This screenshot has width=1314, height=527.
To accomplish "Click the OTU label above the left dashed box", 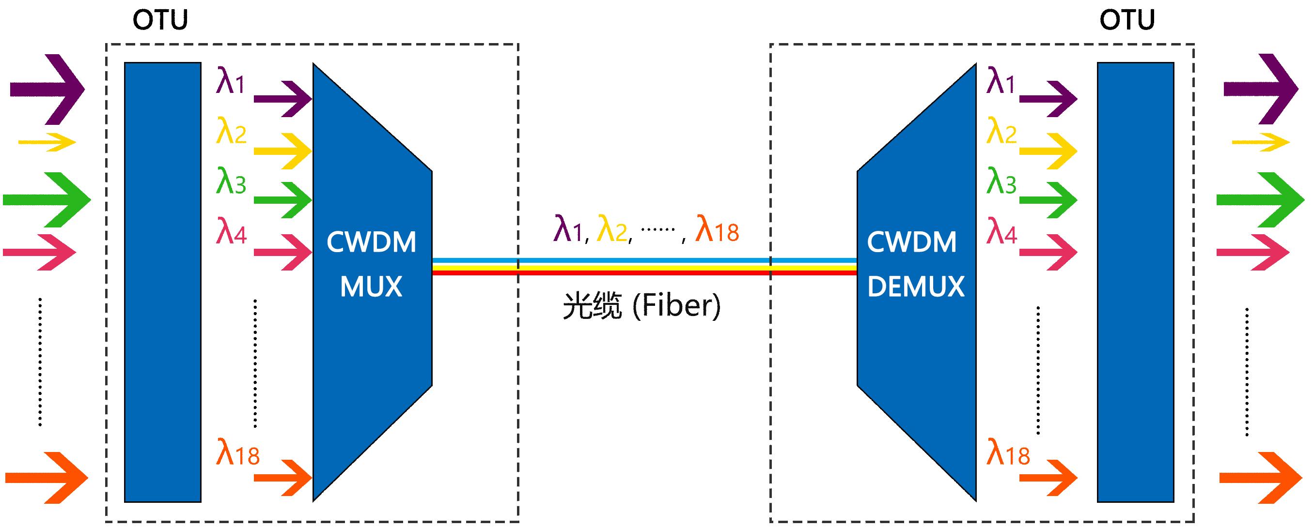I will [160, 20].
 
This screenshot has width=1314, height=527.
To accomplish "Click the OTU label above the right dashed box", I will [1127, 20].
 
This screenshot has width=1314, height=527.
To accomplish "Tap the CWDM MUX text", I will [371, 264].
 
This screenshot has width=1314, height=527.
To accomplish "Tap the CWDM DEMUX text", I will [915, 264].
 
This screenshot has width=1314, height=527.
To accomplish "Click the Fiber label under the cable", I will [641, 306].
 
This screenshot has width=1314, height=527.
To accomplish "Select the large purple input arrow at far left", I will [47, 89].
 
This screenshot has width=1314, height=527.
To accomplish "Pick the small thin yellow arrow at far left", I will [47, 142].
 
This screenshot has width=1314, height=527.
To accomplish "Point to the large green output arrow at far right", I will [1260, 200].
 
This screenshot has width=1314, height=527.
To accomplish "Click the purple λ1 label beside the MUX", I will [231, 82].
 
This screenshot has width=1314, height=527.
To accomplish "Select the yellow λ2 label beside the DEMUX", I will [1001, 132].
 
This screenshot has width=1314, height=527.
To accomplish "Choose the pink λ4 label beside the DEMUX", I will [1001, 232].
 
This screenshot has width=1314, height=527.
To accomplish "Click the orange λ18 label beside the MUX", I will [237, 453].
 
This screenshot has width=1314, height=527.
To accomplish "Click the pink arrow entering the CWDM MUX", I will [282, 252].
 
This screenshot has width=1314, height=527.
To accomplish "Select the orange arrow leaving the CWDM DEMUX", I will [1048, 478].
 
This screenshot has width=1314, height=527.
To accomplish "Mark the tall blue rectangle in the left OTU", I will [163, 282].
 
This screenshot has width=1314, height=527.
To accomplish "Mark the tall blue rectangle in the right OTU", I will [1136, 282].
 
